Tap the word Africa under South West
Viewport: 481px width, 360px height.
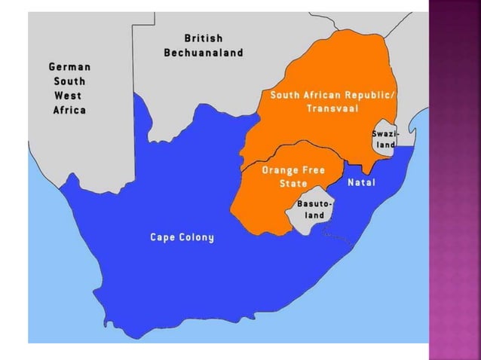point(69,110)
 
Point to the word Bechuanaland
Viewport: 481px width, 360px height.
point(204,53)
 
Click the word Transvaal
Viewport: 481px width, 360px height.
point(332,108)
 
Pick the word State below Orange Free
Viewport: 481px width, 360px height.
point(293,184)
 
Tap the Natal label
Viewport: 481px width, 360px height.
point(361,183)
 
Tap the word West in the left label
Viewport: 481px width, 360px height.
point(69,96)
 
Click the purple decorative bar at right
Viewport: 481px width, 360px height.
point(454,181)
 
